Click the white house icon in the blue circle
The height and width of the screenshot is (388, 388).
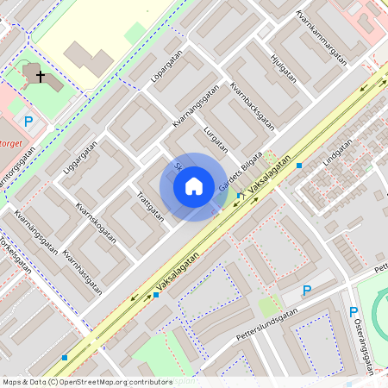point(194,186)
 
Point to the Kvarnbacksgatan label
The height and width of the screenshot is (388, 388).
point(252,104)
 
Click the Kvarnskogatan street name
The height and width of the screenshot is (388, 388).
point(95,223)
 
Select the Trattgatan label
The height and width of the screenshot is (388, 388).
point(150,205)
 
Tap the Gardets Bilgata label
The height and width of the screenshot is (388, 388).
point(239,172)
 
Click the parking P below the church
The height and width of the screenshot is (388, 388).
point(28,122)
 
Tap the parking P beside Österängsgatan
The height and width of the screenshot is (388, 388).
point(353,312)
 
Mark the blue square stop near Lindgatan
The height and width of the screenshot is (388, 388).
point(299,165)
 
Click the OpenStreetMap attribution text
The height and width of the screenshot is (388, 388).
point(87,381)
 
